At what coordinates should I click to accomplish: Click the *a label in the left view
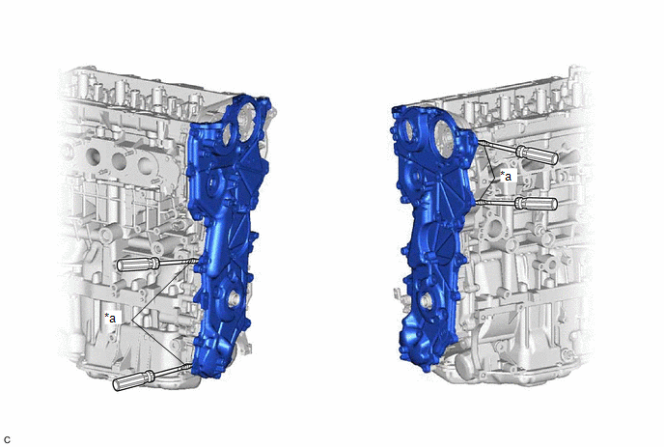pos(110,318)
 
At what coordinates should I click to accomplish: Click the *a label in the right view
pos(506,176)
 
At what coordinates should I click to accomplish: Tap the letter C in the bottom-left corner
pos(7,440)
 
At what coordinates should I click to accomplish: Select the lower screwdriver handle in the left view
pos(133,379)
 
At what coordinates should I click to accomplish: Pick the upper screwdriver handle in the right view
pos(536,154)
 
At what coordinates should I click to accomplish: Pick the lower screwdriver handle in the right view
pos(536,204)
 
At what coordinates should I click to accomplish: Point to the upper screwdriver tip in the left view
pos(196,261)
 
